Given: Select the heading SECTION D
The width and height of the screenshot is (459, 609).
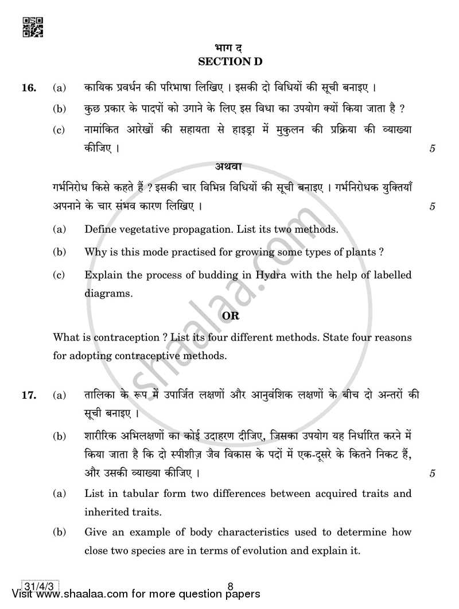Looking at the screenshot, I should (229, 61).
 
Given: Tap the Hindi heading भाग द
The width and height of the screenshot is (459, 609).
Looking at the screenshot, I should (229, 48).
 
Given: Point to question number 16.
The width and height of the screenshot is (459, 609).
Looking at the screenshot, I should (29, 88).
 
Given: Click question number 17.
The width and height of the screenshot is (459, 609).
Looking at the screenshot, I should (29, 396).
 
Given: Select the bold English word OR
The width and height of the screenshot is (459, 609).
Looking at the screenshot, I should (230, 317).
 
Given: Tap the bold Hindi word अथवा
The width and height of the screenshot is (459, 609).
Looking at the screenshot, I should (229, 168).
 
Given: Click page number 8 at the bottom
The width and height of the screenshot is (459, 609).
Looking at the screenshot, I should (229, 587).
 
